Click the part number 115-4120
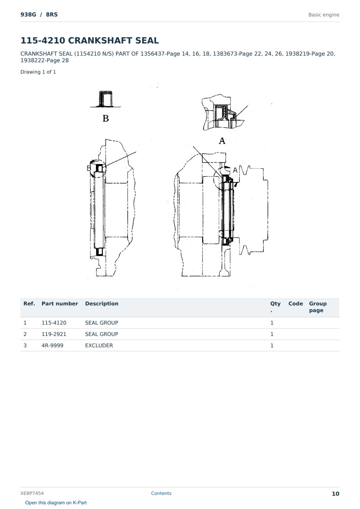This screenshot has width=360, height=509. [54, 323]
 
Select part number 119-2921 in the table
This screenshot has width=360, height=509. [54, 334]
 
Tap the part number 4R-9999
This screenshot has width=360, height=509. [52, 345]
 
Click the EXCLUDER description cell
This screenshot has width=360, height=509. [99, 345]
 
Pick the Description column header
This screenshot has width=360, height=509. [102, 303]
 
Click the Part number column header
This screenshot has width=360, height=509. [60, 303]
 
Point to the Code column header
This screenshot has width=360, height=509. [295, 303]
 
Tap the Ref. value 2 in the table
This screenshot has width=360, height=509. [25, 334]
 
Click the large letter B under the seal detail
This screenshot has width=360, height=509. [106, 118]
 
